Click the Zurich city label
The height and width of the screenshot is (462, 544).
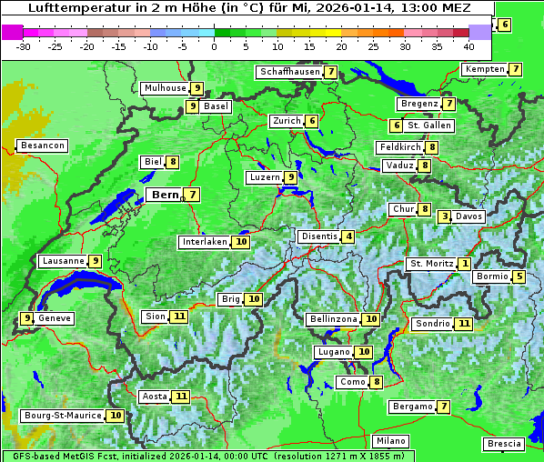287,121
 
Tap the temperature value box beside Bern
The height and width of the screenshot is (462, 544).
192,195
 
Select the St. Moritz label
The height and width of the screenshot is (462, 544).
431,264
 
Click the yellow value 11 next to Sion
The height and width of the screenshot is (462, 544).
179,316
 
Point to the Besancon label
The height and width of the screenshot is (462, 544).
42,146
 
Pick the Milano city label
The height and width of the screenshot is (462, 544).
391,441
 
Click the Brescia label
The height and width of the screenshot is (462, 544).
504,444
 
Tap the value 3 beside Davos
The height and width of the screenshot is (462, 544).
445,216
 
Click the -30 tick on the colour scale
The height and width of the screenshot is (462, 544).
24,46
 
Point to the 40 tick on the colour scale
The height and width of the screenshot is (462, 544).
468,46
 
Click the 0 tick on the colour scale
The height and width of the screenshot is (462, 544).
215,46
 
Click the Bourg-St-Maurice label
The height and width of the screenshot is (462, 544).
62,416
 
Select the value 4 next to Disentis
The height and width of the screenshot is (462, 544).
348,236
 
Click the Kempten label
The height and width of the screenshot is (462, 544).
484,69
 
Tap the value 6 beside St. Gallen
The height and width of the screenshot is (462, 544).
397,126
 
